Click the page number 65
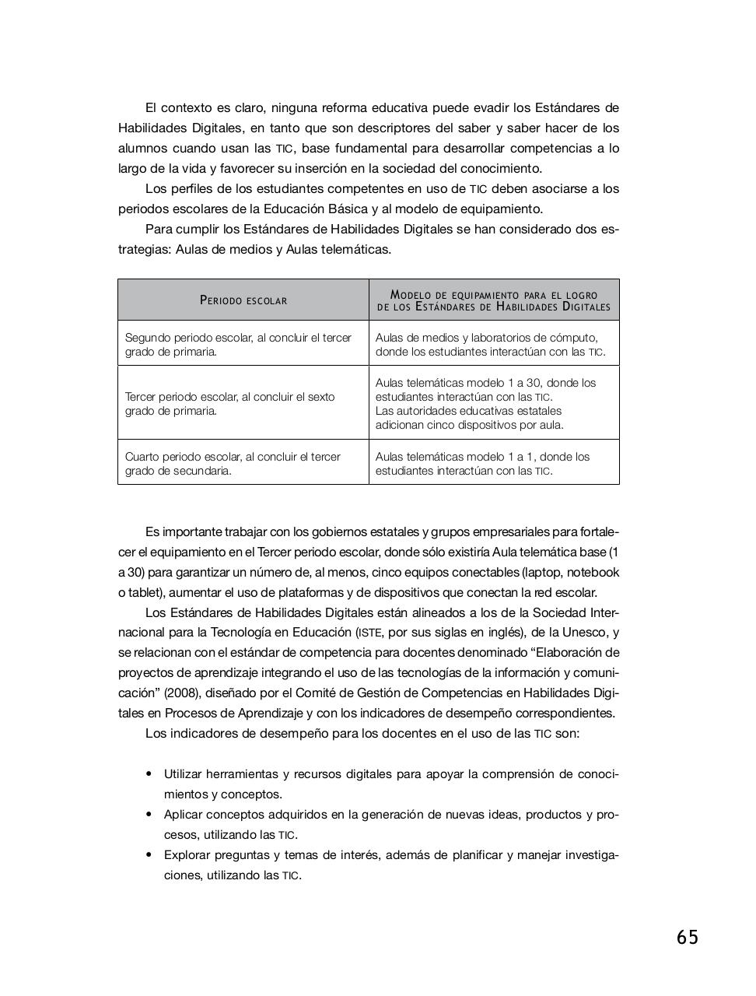(687, 938)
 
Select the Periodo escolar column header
(243, 300)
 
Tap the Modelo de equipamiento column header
(494, 300)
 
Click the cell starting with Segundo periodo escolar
(243, 345)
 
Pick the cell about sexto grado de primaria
(243, 404)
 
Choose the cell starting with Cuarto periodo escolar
(243, 464)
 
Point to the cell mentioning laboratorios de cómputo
(494, 345)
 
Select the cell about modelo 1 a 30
(494, 404)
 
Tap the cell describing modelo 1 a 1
(494, 464)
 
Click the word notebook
(593, 573)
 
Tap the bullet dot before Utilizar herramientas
(149, 774)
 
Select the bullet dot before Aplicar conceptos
(149, 815)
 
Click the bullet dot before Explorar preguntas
(149, 855)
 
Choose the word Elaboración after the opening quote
(579, 653)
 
